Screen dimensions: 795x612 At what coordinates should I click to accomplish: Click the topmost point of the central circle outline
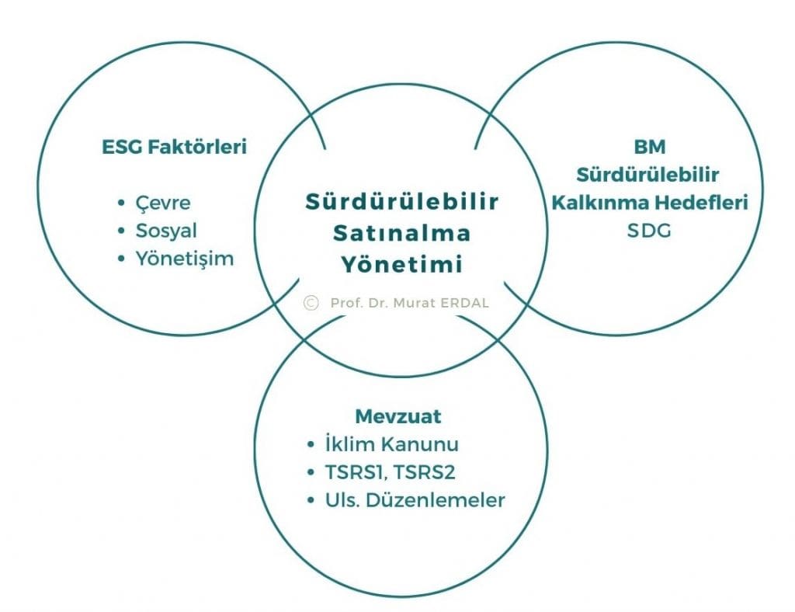tap(401, 85)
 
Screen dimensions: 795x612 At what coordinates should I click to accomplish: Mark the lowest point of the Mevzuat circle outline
tap(401, 595)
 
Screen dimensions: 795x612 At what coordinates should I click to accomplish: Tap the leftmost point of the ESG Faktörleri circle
tap(39, 189)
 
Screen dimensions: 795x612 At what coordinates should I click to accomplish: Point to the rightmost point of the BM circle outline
tap(762, 189)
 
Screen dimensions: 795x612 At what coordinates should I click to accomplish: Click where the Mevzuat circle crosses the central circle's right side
tap(498, 341)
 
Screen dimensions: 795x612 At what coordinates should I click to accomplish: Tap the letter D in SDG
tap(649, 231)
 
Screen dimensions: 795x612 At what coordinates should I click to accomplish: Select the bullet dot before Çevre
tap(120, 203)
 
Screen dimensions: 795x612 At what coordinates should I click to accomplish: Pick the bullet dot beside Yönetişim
tap(120, 259)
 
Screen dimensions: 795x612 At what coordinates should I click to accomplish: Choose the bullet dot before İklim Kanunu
tap(311, 445)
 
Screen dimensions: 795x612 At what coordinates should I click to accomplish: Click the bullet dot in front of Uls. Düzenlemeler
tap(311, 500)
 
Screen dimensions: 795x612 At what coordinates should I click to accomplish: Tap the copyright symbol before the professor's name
tap(311, 303)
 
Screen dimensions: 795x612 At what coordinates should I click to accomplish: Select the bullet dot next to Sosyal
tap(120, 231)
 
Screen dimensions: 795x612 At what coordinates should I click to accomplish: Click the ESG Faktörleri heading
tap(175, 147)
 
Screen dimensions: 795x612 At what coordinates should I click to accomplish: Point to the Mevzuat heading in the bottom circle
tap(398, 416)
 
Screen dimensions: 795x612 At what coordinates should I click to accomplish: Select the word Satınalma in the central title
tap(401, 233)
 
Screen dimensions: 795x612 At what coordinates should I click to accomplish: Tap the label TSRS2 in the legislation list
tap(424, 472)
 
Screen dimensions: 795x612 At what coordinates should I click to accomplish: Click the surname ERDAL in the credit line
tap(464, 303)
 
